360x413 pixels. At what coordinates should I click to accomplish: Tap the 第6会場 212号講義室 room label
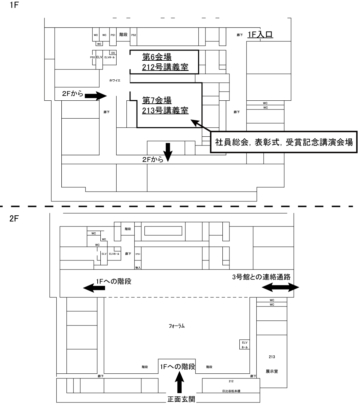[165, 62]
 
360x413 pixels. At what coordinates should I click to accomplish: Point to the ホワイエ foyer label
[115, 80]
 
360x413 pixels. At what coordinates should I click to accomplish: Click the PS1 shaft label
[113, 35]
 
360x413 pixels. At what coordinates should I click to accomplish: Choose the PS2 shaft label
[134, 35]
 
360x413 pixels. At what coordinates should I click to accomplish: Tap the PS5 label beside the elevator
[92, 58]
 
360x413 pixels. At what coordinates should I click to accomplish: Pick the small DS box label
[113, 53]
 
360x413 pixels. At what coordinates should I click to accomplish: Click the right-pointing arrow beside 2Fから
[95, 96]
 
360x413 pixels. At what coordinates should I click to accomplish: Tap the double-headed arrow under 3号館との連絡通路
[280, 288]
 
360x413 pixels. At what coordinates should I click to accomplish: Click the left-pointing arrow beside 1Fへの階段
[94, 288]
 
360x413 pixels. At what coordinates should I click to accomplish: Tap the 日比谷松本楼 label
[231, 391]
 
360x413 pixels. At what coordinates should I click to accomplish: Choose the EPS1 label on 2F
[138, 254]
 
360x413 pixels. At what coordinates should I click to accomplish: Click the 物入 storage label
[138, 268]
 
